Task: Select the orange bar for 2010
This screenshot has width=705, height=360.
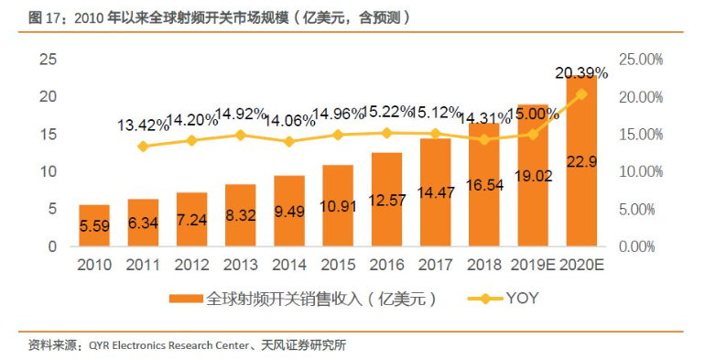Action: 94,225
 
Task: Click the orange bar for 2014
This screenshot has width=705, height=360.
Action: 289,211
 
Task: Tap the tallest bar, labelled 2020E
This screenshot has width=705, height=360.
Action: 581,160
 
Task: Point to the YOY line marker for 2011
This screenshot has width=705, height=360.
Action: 143,147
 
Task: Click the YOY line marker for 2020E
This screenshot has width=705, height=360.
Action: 581,94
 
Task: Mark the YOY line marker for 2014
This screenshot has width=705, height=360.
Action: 289,142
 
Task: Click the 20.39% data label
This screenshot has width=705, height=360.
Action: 581,73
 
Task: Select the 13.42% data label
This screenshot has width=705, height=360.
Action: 143,125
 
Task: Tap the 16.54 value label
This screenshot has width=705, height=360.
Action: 484,184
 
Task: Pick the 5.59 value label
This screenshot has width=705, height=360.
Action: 94,226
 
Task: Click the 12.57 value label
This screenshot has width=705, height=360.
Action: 387,200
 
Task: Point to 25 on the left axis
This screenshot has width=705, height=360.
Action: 49,59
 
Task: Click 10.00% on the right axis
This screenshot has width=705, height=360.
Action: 641,171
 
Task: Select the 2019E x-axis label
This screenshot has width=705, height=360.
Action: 533,265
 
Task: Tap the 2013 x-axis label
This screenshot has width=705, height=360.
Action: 241,265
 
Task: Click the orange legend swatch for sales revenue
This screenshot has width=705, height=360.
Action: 186,299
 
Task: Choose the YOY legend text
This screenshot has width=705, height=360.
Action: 523,298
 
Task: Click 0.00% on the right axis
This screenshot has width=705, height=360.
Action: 636,246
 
